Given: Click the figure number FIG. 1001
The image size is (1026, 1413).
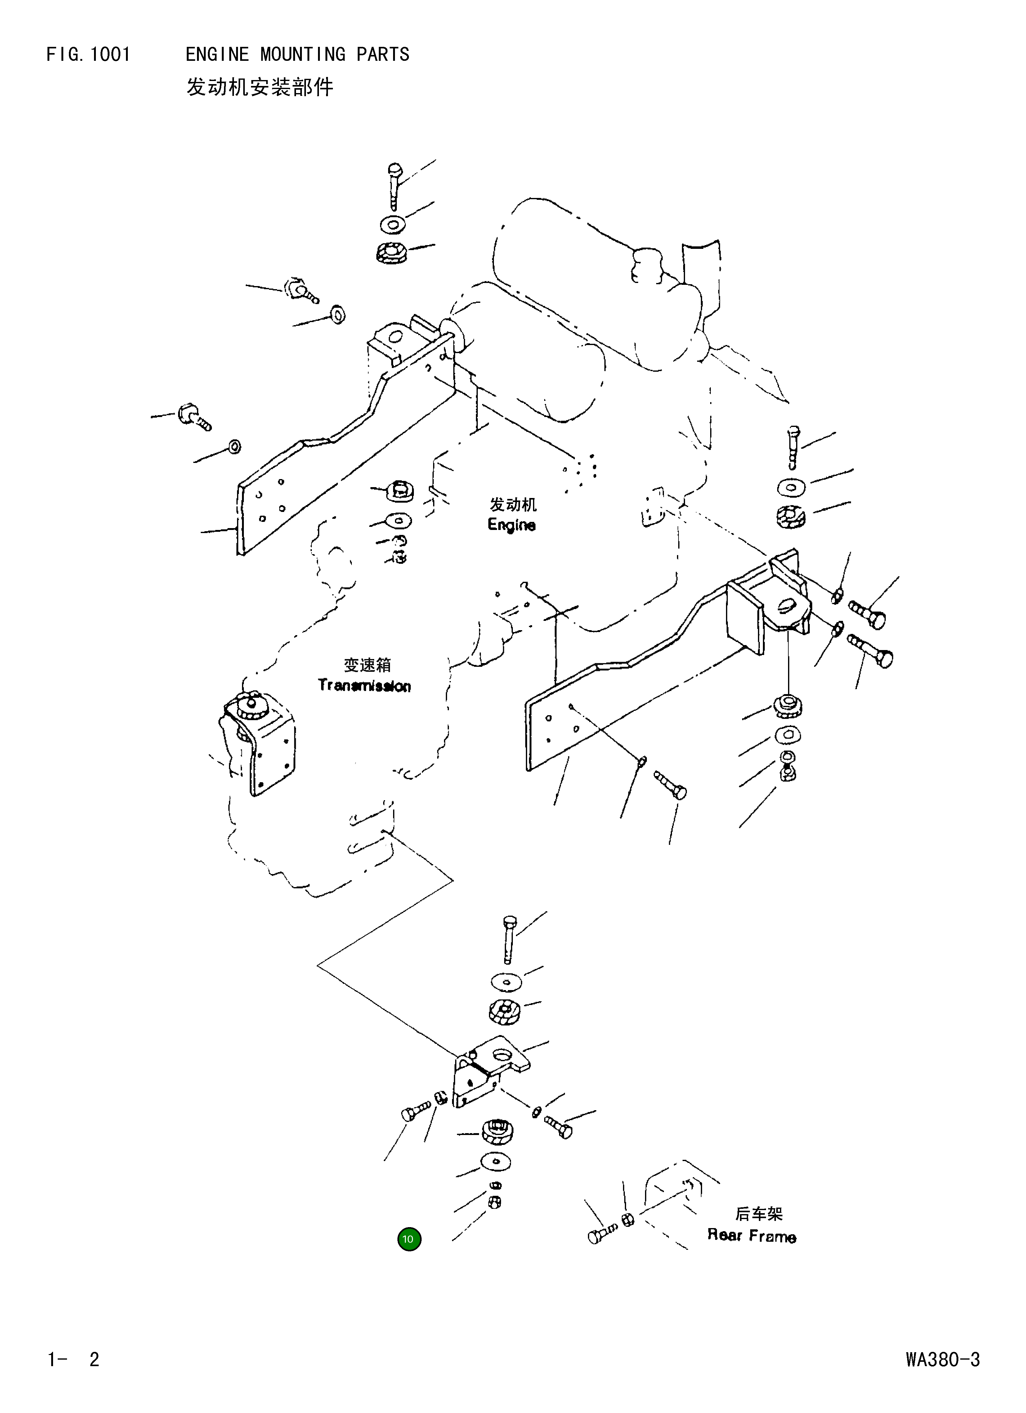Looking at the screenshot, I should point(88,55).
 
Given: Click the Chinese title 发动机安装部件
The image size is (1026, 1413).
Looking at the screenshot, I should point(260,87).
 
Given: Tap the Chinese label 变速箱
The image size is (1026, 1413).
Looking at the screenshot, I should point(368,665).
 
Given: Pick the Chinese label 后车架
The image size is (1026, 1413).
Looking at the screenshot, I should point(759,1213).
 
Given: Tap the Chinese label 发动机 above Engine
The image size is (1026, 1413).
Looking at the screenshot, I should point(513,504).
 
